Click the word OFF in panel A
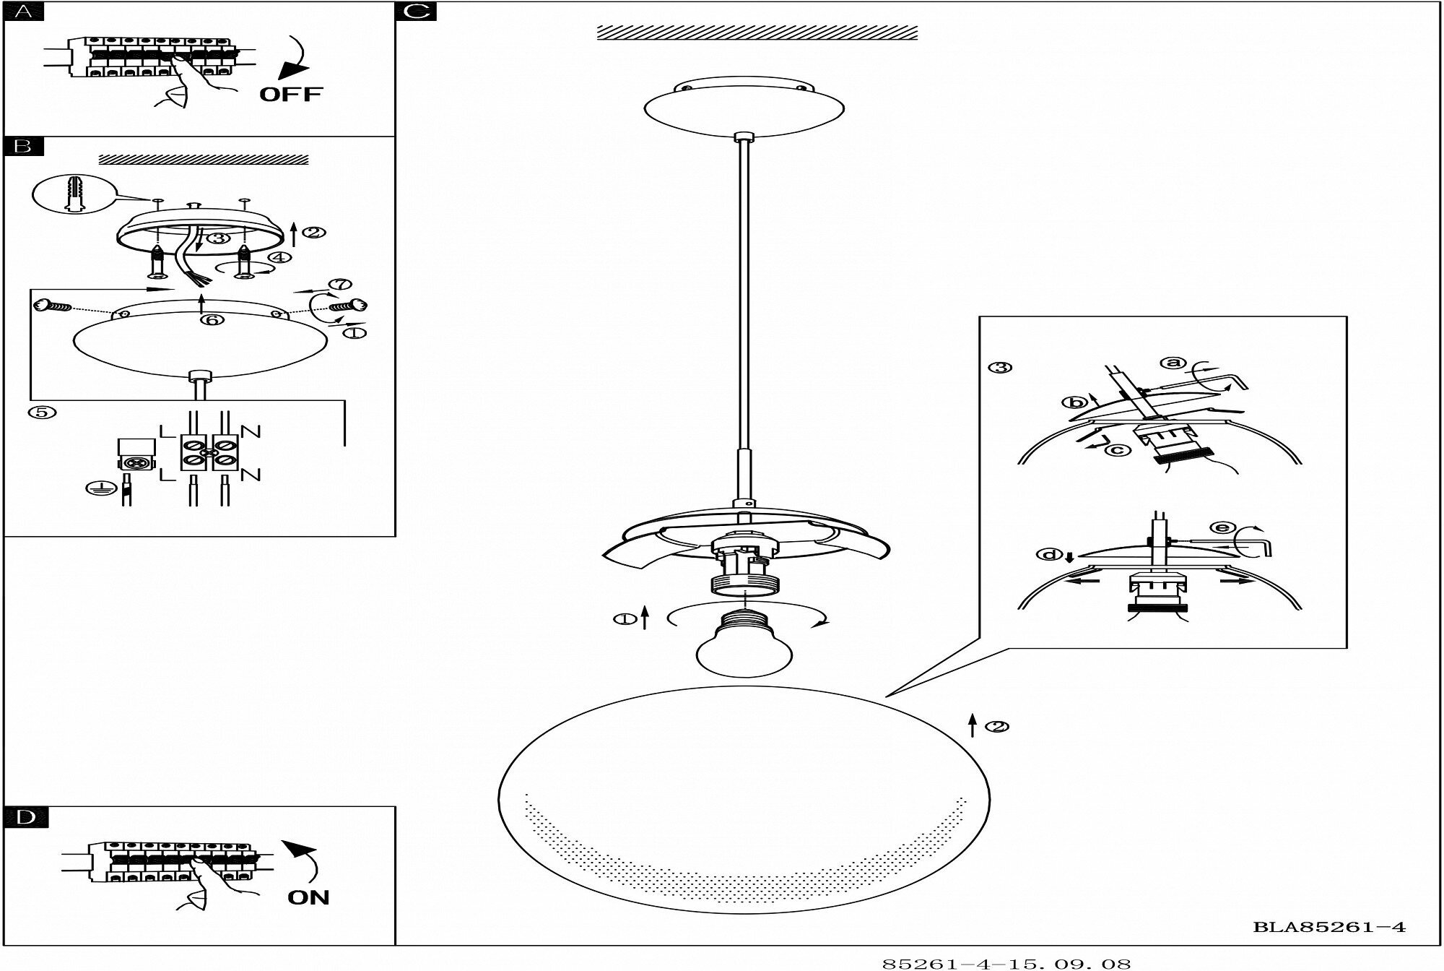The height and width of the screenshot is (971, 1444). pyautogui.click(x=291, y=94)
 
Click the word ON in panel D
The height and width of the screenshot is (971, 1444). pyautogui.click(x=308, y=897)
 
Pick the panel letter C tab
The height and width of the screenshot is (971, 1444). pyautogui.click(x=416, y=11)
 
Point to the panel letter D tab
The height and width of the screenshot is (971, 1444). pyautogui.click(x=25, y=817)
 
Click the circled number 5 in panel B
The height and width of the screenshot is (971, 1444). pyautogui.click(x=41, y=412)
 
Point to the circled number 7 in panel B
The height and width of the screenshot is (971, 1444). pyautogui.click(x=340, y=285)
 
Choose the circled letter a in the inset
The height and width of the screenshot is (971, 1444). pyautogui.click(x=1173, y=362)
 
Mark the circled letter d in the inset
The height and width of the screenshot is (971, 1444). pyautogui.click(x=1049, y=555)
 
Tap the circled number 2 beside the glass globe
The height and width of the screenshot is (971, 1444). pyautogui.click(x=997, y=726)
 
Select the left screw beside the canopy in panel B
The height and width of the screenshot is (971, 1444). pyautogui.click(x=53, y=306)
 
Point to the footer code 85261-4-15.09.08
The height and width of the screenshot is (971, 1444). pyautogui.click(x=1006, y=963)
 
